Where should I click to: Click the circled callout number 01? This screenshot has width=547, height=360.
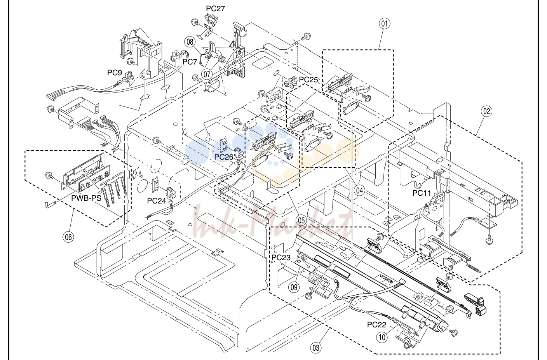pos(384,24)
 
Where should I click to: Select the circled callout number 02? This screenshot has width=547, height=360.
pos(486,111)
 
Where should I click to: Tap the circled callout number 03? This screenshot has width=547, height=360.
pos(316,348)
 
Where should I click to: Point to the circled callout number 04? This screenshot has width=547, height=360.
pos(359,191)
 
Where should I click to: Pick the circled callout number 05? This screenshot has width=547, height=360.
pos(301,221)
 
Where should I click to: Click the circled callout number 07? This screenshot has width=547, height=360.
pos(207,74)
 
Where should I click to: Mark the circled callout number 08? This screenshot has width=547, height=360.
pos(190,42)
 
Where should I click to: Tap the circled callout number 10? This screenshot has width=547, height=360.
pos(382,337)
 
